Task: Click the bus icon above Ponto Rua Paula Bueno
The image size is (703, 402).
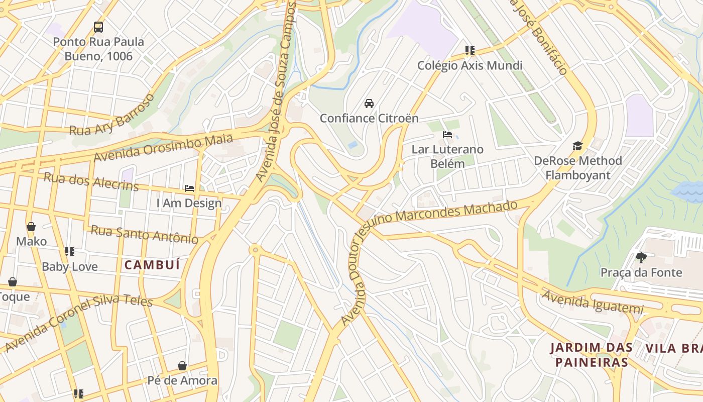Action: [98, 27]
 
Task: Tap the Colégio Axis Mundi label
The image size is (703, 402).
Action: [470, 65]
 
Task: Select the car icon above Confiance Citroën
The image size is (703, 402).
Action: [369, 104]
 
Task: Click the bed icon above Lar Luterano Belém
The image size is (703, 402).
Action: [447, 135]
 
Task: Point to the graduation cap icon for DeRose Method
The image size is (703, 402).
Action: [577, 146]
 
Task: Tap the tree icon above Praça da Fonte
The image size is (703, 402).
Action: [641, 258]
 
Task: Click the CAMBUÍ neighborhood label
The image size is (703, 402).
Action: [152, 265]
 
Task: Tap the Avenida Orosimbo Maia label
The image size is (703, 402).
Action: [163, 148]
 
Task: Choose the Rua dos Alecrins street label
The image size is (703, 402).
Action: [91, 181]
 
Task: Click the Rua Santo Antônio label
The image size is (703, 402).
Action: [144, 234]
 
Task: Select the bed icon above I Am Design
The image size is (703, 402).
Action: [189, 188]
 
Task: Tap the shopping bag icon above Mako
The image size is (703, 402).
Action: [31, 227]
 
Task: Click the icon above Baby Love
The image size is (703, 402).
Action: [70, 252]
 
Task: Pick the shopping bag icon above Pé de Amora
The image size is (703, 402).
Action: [182, 366]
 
